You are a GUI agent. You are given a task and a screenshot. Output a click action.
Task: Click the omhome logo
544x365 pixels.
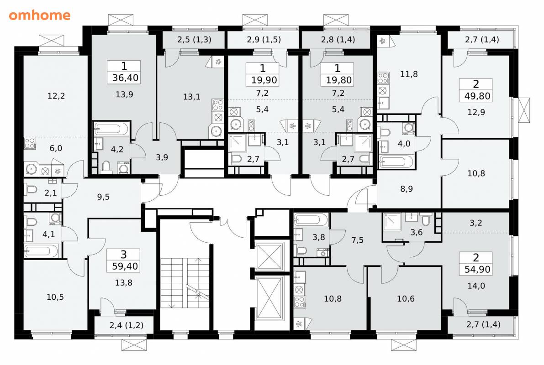click(40, 15)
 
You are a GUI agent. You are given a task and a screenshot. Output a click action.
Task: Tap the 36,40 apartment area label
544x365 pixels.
click(125, 78)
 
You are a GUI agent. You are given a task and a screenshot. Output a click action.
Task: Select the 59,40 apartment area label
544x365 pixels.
click(125, 266)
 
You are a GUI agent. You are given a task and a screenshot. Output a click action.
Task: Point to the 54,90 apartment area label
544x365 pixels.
click(477, 269)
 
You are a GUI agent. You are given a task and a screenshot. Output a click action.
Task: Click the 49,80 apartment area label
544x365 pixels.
click(477, 96)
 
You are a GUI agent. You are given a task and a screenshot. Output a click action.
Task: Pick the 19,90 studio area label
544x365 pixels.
click(264, 80)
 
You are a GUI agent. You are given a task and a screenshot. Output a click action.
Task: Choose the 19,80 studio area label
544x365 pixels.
click(338, 80)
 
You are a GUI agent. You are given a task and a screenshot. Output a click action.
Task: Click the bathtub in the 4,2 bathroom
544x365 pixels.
click(112, 129)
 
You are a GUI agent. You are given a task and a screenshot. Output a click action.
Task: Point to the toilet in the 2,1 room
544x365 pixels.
click(31, 190)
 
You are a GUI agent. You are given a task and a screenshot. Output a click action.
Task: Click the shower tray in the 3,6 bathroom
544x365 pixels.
click(392, 223)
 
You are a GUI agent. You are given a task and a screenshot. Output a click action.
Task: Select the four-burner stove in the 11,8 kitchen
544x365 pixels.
click(383, 78)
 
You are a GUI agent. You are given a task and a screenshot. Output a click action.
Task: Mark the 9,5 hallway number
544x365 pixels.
click(103, 197)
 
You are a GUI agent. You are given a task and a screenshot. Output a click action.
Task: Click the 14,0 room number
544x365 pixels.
click(476, 286)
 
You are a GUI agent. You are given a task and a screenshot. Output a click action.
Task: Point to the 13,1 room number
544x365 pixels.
click(191, 97)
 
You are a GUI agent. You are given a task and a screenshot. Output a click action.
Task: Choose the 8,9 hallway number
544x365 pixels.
click(406, 189)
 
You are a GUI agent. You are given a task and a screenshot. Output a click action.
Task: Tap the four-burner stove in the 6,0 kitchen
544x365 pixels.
click(30, 143)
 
